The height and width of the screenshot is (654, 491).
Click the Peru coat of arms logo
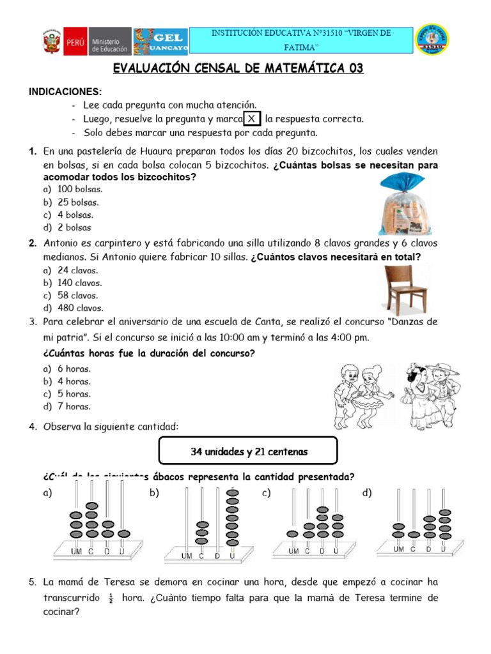coord(51,42)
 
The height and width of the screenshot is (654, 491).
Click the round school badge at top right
coord(432,40)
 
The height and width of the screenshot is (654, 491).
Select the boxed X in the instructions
coord(253,119)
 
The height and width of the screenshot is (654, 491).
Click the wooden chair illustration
coord(405,288)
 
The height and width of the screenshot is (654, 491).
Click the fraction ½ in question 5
coord(110,599)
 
